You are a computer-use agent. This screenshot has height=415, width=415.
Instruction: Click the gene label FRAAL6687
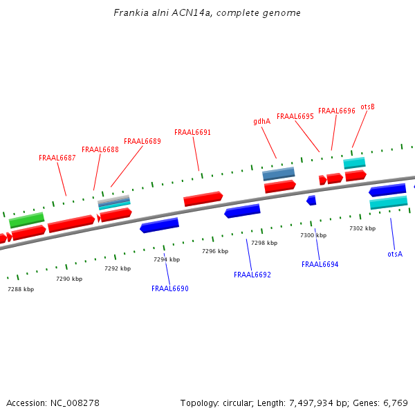click(57, 158)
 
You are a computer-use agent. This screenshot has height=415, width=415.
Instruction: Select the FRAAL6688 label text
click(100, 149)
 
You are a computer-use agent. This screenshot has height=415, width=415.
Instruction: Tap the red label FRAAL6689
click(142, 141)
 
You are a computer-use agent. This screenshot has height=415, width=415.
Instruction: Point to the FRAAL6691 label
click(193, 132)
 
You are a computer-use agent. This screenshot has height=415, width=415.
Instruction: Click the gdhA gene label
click(261, 121)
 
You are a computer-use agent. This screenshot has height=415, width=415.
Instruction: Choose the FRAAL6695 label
click(295, 116)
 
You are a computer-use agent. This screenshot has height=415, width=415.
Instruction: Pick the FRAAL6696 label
click(337, 111)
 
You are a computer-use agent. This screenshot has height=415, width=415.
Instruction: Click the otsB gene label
click(368, 107)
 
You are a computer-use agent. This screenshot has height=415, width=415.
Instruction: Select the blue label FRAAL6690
click(170, 288)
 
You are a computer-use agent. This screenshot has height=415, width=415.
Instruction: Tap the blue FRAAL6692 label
click(252, 275)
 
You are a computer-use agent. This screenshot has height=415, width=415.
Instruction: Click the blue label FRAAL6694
click(320, 264)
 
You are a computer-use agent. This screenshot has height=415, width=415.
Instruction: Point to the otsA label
click(395, 254)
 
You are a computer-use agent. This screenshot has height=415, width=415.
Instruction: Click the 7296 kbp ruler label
click(215, 251)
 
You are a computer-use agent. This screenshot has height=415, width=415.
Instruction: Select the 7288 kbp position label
click(21, 289)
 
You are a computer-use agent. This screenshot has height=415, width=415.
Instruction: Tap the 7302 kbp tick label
click(362, 228)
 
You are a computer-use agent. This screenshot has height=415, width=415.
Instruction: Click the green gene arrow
click(27, 220)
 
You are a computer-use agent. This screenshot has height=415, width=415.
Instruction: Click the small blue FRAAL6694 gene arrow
click(311, 201)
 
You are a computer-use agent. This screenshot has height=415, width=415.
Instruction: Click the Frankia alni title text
click(207, 13)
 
